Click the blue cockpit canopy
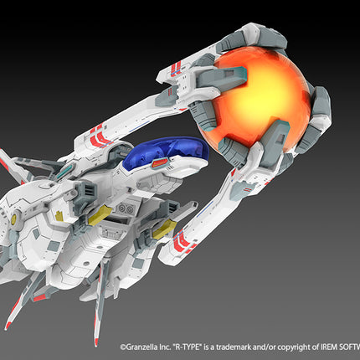165,152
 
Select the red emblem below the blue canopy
159,162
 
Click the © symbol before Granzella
123,347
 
